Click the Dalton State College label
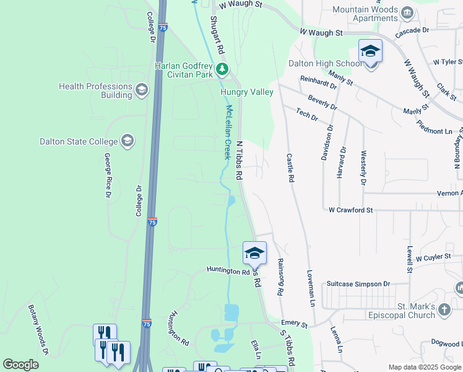pos(78,141)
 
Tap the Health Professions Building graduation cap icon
pos(142,91)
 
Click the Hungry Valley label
pos(247,92)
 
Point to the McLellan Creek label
pos(228,131)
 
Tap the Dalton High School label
pos(325,63)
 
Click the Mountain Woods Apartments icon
pos(407,12)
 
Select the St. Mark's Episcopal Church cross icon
pos(444,309)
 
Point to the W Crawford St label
pos(350,210)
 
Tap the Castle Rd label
pos(290,168)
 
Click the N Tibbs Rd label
pos(239,160)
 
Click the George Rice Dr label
pos(107,175)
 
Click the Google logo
pos(20,365)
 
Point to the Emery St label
pos(294,324)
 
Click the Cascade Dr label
pos(412,30)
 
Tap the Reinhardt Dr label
pos(318,82)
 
